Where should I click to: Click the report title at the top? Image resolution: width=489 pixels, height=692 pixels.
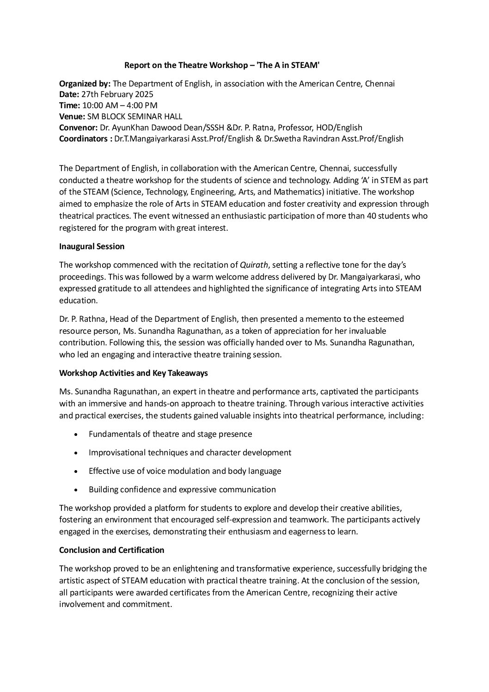point(222,66)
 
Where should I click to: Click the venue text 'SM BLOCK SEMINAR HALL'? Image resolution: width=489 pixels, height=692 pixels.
point(134,116)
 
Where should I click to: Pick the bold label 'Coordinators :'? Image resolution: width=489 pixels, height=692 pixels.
point(86,138)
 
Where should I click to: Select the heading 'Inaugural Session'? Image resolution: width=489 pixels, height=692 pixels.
point(92,246)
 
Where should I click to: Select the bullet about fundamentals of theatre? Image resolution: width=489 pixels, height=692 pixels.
point(170,434)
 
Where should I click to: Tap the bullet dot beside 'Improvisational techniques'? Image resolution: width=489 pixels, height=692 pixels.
point(76,453)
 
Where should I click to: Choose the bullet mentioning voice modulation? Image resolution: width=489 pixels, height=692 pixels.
point(184,471)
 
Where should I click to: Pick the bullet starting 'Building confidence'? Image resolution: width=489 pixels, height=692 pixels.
point(182,490)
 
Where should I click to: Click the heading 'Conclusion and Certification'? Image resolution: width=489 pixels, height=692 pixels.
point(111,550)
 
